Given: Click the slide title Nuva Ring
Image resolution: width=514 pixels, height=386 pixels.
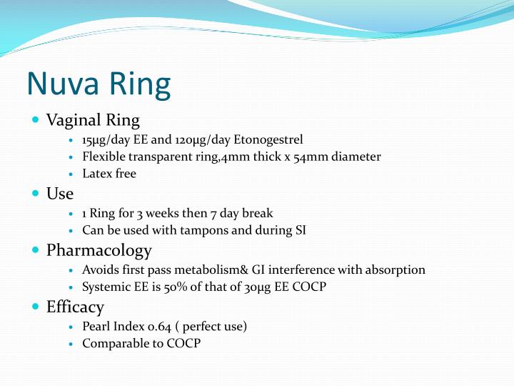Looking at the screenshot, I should [99, 84].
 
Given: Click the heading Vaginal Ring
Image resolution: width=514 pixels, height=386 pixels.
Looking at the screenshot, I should [93, 119].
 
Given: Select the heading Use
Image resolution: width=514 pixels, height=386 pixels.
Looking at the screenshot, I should [60, 193].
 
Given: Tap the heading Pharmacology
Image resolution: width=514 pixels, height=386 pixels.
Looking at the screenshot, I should [99, 250].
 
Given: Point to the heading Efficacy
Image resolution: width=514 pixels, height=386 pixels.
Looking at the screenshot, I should [75, 307].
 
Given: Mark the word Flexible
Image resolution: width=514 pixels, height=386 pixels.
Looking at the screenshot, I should [103, 157].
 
